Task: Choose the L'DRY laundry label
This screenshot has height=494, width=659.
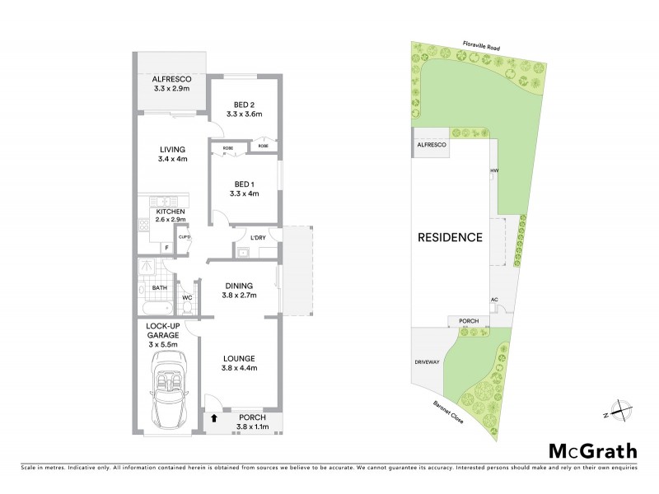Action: (x=258, y=238)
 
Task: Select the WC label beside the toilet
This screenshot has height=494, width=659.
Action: (x=187, y=297)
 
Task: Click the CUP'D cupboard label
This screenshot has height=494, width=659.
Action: (x=185, y=238)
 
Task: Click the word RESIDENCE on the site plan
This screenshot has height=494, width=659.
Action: (x=449, y=237)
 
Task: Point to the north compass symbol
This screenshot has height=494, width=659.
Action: (x=618, y=409)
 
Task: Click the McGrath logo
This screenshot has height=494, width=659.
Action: (x=592, y=450)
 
